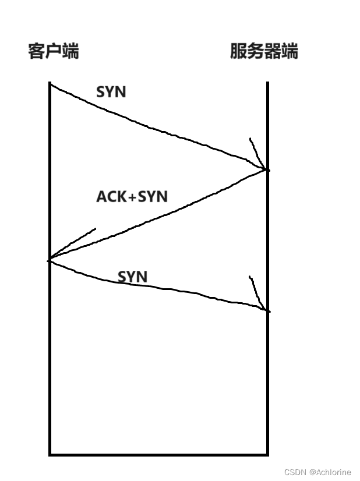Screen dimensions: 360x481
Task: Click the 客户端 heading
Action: (53, 51)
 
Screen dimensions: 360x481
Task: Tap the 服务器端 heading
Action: (264, 51)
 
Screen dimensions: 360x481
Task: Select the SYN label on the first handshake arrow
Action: (111, 91)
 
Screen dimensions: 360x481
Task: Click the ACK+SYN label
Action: (132, 197)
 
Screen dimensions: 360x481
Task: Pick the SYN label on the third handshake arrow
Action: (132, 276)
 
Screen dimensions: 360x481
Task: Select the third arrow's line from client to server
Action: (157, 287)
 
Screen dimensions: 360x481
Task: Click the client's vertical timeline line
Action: (50, 361)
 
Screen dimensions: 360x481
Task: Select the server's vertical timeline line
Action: (267, 379)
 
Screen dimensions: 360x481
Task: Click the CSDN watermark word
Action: (295, 472)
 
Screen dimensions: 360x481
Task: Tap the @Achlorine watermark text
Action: (331, 472)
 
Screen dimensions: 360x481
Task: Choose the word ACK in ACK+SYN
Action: (111, 197)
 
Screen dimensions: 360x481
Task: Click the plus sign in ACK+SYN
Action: (132, 197)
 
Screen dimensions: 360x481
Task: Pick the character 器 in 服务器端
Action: (273, 51)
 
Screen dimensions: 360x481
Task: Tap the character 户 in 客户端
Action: (53, 51)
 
